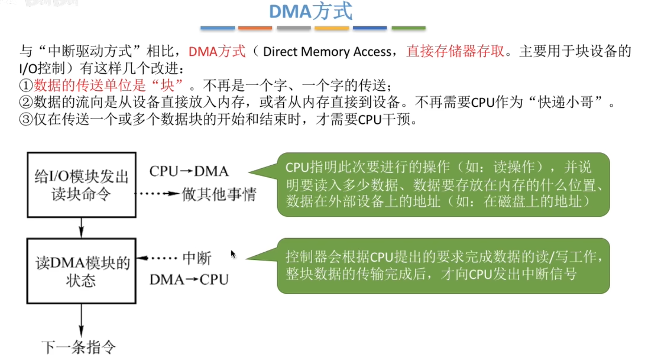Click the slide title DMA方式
click(x=311, y=11)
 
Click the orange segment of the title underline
click(x=255, y=28)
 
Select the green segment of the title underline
click(x=408, y=28)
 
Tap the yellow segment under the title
click(x=332, y=28)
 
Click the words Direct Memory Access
click(x=327, y=52)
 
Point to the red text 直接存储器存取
click(x=455, y=51)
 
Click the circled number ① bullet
click(x=26, y=86)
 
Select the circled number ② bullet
click(x=26, y=102)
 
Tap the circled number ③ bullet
click(x=26, y=119)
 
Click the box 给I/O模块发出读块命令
click(x=81, y=185)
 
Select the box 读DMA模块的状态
click(x=81, y=271)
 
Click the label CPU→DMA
click(x=189, y=171)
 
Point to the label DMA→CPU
click(x=189, y=280)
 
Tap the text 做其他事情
click(x=219, y=194)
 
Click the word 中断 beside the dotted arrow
click(x=197, y=258)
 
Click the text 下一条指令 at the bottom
click(x=79, y=347)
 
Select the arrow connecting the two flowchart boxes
click(x=81, y=228)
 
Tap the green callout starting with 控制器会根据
click(x=443, y=266)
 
